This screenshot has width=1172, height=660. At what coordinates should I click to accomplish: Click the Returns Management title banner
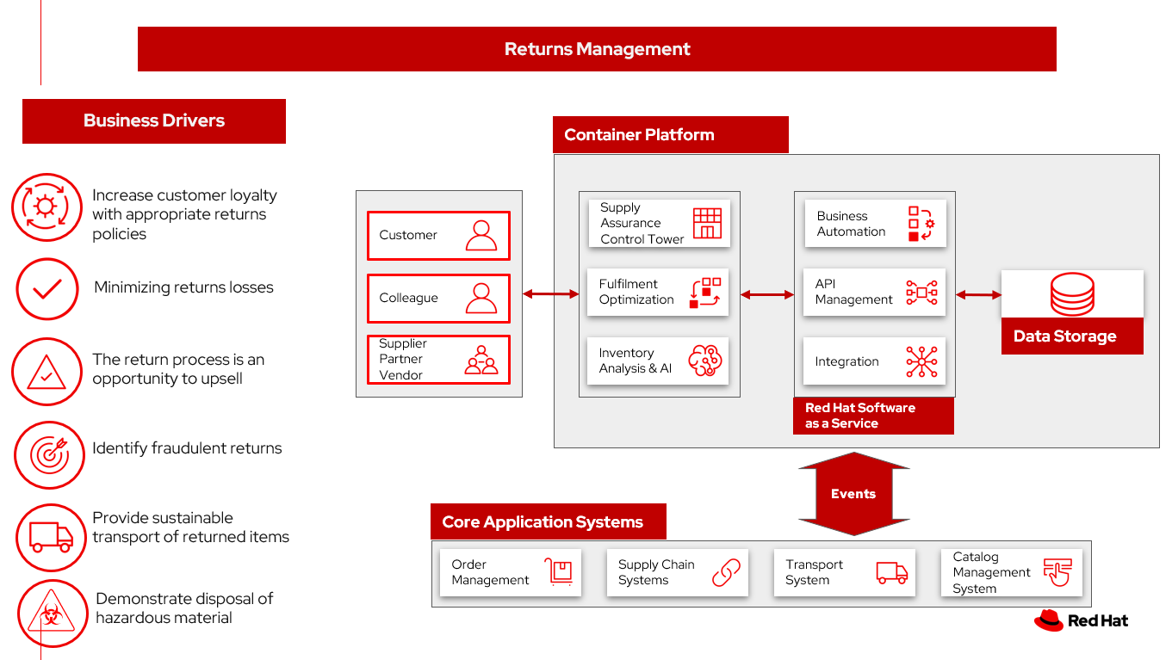click(597, 49)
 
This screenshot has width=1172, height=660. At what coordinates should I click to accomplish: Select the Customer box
click(438, 235)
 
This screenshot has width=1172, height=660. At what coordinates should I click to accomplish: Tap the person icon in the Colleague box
click(481, 298)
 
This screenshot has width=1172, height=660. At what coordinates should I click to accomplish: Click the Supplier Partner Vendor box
click(438, 360)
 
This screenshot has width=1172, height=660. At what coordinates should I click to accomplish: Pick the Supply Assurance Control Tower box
click(659, 224)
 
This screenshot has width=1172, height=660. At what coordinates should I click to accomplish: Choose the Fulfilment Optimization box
click(659, 293)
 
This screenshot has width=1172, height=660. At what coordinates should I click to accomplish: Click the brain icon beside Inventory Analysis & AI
click(704, 361)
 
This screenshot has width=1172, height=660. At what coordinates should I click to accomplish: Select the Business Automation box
click(874, 224)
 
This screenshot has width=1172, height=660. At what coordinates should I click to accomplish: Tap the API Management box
click(874, 293)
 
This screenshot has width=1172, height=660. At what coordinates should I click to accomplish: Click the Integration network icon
click(921, 361)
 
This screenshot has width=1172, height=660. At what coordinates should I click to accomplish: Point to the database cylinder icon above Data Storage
click(1072, 294)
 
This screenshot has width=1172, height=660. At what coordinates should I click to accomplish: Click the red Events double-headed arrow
click(853, 494)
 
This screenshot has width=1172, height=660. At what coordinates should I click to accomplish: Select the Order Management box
click(510, 572)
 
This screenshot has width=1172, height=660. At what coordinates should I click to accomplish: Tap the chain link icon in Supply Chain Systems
click(726, 572)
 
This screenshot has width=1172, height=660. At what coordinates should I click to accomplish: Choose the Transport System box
click(844, 572)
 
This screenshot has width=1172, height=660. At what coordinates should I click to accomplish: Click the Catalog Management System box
click(1011, 572)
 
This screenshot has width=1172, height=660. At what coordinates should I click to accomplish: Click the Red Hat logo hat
click(1049, 620)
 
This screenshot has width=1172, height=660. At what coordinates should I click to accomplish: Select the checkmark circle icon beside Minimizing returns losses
click(47, 289)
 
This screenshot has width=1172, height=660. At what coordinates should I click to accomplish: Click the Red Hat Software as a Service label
click(872, 416)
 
